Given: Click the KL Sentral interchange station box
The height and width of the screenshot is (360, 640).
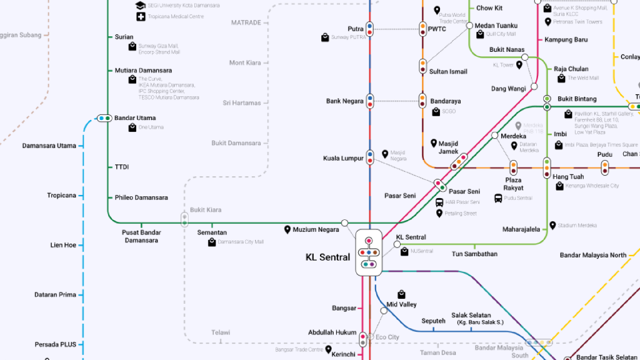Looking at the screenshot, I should (369, 252).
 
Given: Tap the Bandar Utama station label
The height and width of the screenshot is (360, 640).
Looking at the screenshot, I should (135, 118).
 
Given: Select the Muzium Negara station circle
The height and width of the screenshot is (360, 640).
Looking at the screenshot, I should (344, 223).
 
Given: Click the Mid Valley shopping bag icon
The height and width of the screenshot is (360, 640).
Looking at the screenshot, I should (401, 294).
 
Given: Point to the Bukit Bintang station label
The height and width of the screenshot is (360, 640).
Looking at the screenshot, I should (577, 99).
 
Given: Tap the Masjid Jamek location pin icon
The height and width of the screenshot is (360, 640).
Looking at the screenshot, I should (433, 143).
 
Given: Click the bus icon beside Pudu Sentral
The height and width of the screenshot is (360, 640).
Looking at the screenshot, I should (498, 198).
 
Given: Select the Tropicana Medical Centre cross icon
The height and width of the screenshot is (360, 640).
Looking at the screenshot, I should (141, 16).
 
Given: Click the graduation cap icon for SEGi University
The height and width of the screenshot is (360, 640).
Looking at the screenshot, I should (141, 5).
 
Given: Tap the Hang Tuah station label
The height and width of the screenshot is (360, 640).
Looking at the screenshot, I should (568, 177).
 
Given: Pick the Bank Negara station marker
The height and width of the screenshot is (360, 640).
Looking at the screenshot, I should (369, 101).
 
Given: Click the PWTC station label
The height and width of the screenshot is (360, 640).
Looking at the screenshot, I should (437, 29).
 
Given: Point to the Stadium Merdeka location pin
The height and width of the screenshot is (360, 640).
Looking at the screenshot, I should (552, 225).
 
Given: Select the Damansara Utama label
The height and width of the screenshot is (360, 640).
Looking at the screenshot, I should (49, 146).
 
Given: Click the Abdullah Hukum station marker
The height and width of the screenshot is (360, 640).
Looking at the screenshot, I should (362, 339).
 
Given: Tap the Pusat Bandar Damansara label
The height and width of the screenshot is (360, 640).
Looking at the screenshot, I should (141, 236).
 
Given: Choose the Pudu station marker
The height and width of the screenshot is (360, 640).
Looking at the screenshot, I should (605, 167).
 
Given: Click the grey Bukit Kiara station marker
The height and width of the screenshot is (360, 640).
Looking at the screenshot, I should (184, 219).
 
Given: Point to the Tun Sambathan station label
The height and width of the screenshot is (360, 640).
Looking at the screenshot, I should (474, 254).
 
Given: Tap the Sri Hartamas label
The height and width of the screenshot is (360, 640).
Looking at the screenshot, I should (242, 102).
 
